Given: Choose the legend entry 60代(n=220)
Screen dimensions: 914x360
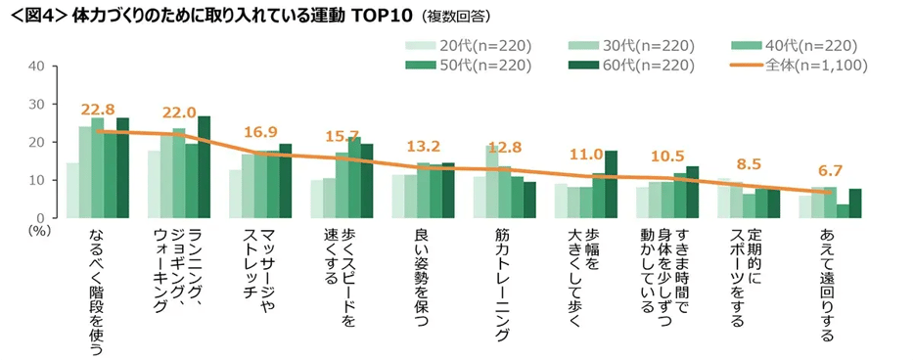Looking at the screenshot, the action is pyautogui.click(x=631, y=66).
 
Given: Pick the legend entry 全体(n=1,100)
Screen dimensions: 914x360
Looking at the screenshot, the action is pyautogui.click(x=800, y=66).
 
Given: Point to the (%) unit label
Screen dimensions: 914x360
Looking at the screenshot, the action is pyautogui.click(x=39, y=230).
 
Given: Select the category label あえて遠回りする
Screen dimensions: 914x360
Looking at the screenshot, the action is pyautogui.click(x=827, y=286).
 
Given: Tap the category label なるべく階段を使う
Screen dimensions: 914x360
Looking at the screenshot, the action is pyautogui.click(x=97, y=292).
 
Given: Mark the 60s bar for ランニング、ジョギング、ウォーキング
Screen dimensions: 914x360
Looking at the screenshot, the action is pyautogui.click(x=204, y=166).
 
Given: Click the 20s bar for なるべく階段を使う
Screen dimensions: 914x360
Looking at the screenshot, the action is pyautogui.click(x=72, y=190).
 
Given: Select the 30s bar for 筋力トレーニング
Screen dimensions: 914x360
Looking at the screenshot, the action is pyautogui.click(x=492, y=181).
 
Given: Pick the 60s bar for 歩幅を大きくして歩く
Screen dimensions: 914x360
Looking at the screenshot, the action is pyautogui.click(x=611, y=184).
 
